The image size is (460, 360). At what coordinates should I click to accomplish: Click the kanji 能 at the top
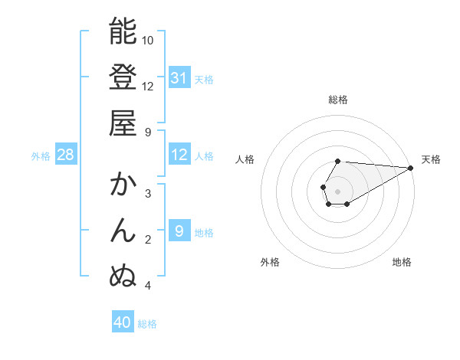(123, 31)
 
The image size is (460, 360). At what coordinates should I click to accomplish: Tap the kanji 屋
(123, 123)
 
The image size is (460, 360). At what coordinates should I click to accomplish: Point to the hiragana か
(123, 185)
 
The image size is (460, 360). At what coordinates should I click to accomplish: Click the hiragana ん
(123, 231)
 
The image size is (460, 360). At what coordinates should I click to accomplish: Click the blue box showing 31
(179, 78)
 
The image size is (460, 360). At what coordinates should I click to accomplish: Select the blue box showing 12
(179, 155)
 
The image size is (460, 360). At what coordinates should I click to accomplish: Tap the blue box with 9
(179, 232)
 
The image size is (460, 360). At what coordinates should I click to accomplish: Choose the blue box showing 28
(66, 155)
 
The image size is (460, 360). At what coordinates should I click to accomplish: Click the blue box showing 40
(123, 322)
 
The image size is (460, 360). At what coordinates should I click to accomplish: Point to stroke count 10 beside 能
(148, 40)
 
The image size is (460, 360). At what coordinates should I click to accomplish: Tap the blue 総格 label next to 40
(147, 324)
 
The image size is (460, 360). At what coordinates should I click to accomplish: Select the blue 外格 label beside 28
(41, 156)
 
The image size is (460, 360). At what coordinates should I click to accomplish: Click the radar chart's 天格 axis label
(431, 159)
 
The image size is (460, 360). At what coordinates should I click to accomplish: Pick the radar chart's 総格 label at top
(338, 100)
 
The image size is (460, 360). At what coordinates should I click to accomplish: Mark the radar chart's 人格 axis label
(245, 159)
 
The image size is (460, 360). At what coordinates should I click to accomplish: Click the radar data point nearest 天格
(410, 169)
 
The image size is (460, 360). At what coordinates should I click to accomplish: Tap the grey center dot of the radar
(338, 191)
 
